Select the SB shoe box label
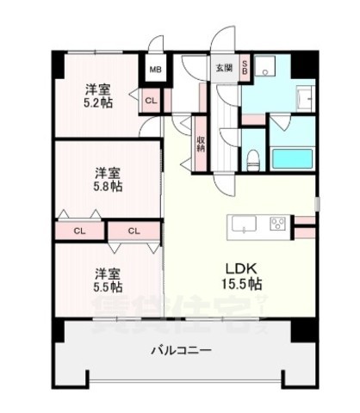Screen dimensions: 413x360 click(x=245, y=66)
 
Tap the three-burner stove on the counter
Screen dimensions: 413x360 click(x=278, y=226)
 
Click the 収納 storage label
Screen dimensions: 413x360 click(x=200, y=143)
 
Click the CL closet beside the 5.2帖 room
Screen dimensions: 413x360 click(x=152, y=101)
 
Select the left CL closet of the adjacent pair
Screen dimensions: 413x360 click(x=80, y=230)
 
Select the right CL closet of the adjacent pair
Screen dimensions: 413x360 click(x=133, y=230)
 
